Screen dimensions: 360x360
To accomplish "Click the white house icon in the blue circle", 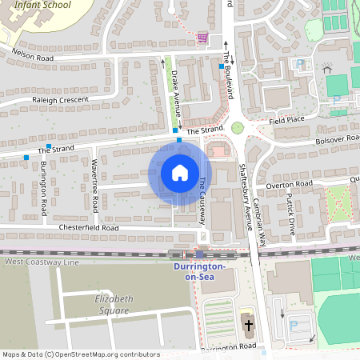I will tap(179, 172).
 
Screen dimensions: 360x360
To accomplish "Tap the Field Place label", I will tap(287, 120).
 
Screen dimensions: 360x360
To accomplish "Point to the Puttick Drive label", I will tap(294, 220).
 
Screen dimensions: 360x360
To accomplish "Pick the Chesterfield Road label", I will tap(88, 228).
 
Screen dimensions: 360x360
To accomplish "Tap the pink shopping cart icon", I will tap(202, 37).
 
